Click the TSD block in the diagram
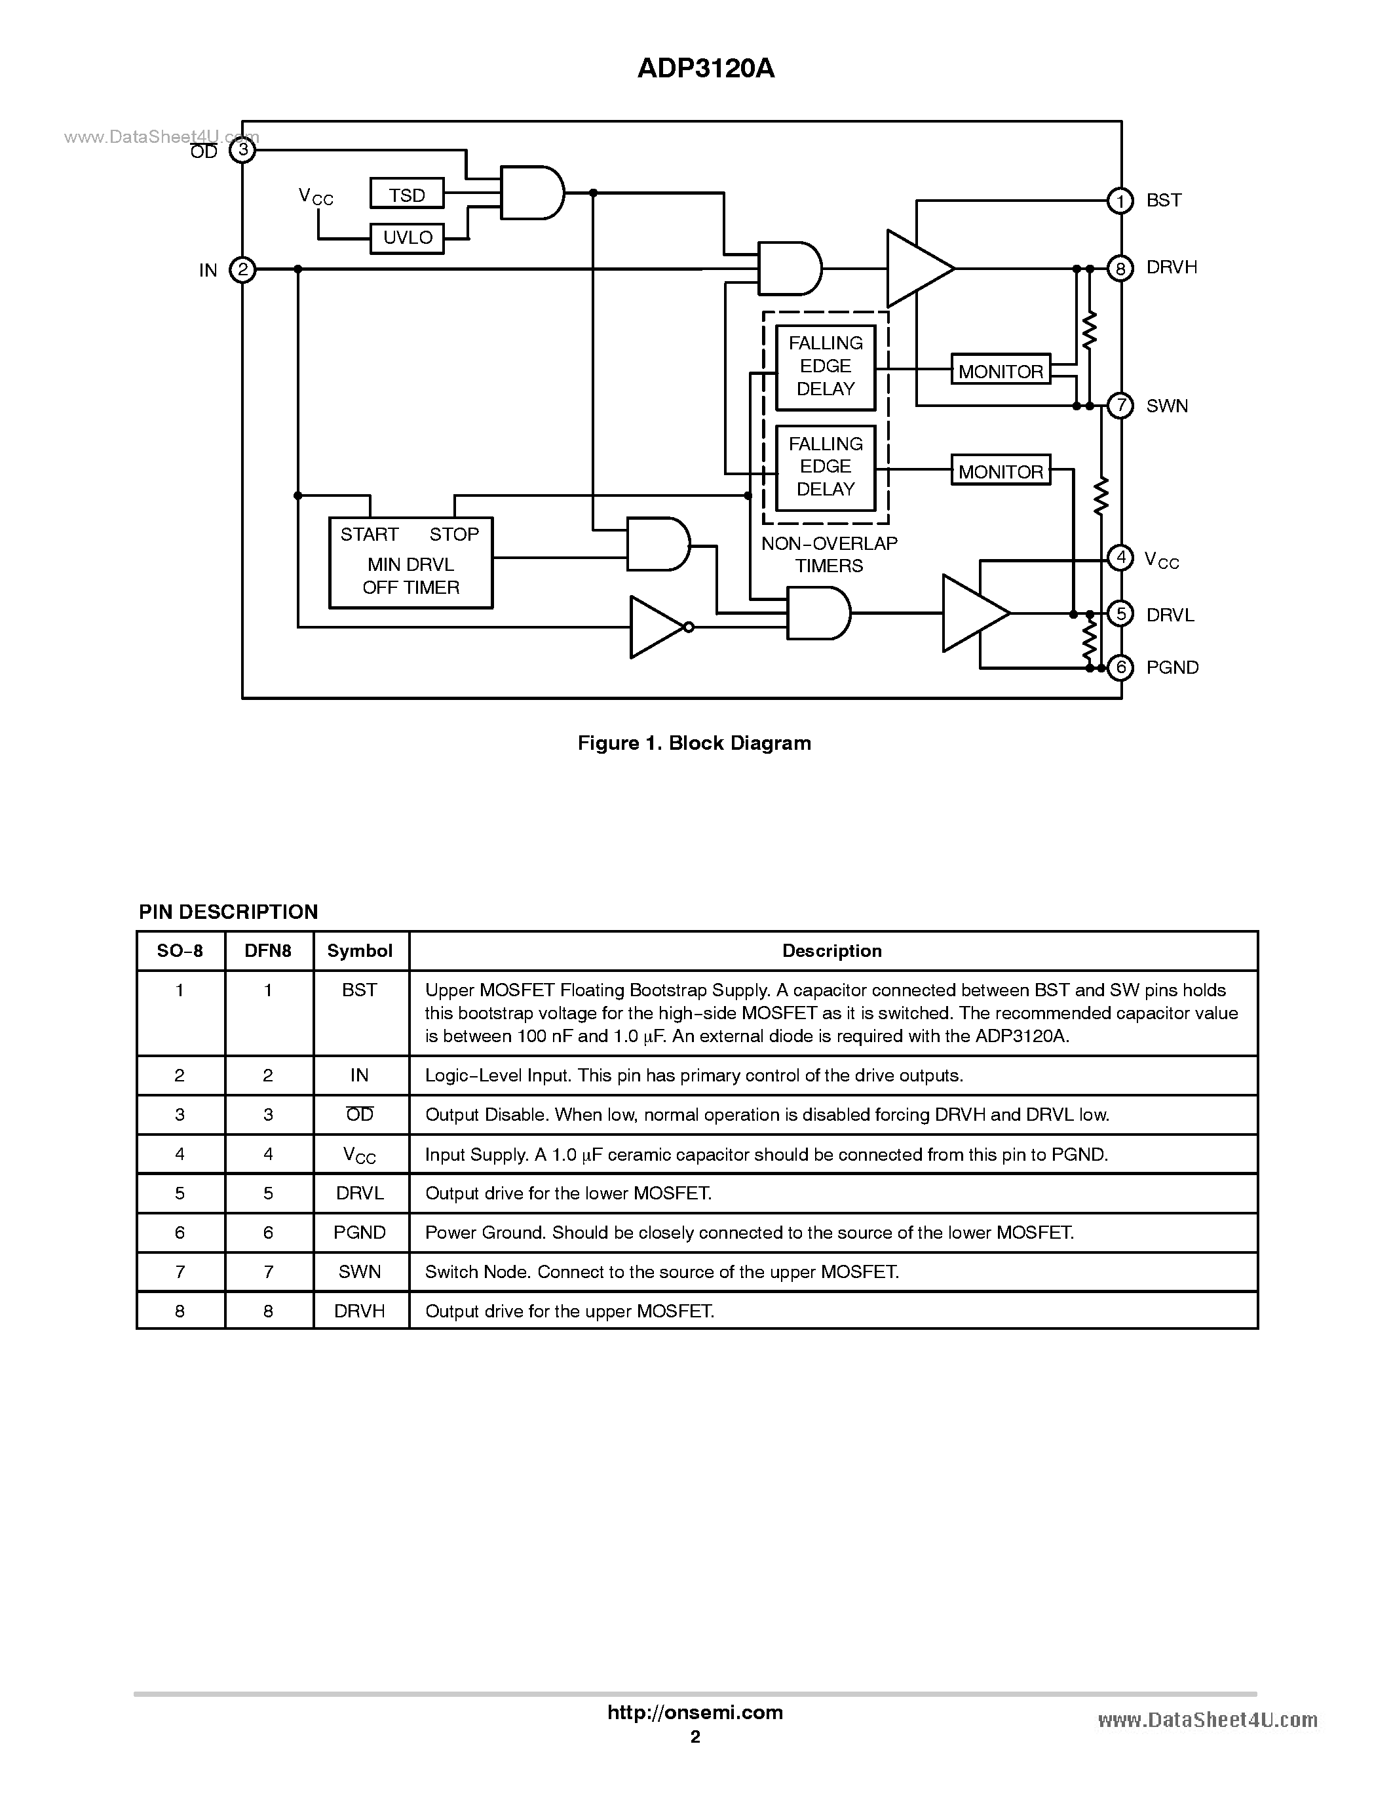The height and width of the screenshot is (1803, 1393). tap(407, 194)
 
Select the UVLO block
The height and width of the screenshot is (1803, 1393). tap(407, 238)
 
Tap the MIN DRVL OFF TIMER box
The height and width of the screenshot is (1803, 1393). tap(410, 563)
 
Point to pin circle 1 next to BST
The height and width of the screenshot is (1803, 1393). tap(1120, 201)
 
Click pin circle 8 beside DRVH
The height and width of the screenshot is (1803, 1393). tap(1120, 268)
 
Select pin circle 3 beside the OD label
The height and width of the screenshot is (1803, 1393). tap(242, 149)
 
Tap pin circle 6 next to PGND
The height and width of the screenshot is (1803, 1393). tap(1120, 667)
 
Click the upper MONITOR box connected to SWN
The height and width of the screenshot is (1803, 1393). tap(1000, 371)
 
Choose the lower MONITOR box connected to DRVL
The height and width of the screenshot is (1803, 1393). tap(1000, 471)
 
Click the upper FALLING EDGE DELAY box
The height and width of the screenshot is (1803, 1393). tap(825, 366)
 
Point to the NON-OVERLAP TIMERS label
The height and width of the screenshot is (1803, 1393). tap(829, 554)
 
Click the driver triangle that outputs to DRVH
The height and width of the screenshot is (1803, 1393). tap(916, 268)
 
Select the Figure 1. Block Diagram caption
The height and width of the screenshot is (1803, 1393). tap(694, 743)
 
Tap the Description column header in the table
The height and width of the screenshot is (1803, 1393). tap(832, 951)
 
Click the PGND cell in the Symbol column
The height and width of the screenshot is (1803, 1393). tap(359, 1233)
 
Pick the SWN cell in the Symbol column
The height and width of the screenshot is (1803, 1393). tap(359, 1272)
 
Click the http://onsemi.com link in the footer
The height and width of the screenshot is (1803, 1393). tap(695, 1712)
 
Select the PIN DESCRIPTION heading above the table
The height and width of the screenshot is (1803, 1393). tap(228, 912)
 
